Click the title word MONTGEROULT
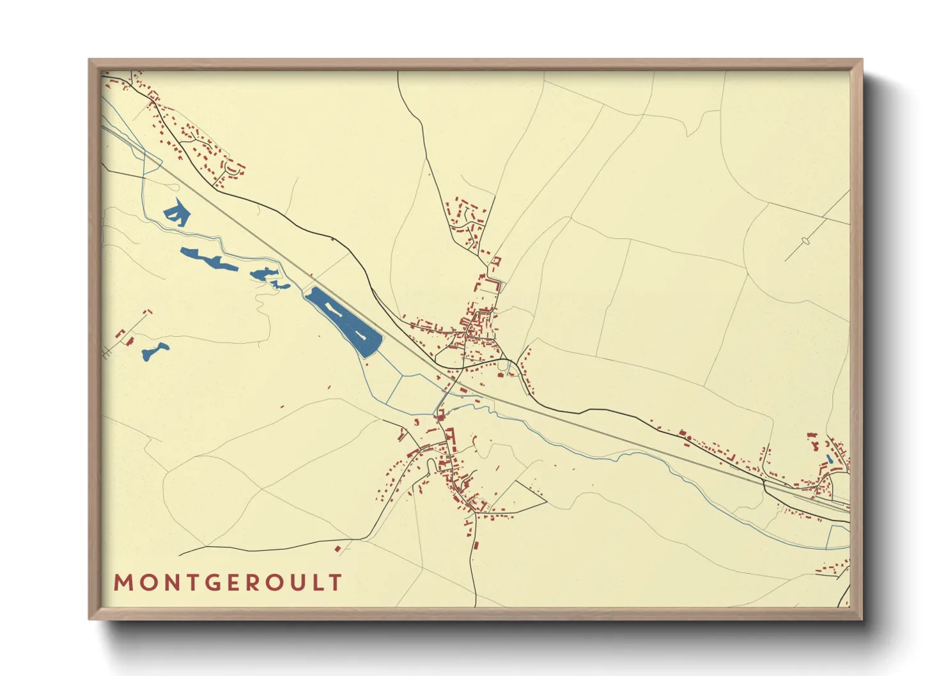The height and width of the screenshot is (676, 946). tap(228, 583)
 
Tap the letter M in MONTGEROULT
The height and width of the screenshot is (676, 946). tap(122, 583)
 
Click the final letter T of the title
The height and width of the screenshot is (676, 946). tap(336, 583)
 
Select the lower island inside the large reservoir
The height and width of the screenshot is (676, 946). tap(360, 335)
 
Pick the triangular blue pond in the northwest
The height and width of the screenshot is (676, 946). tap(176, 212)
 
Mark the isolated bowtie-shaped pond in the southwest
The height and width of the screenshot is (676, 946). tap(155, 351)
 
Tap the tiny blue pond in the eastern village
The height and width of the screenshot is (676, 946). tap(829, 458)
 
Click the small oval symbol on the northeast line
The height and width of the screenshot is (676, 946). tap(805, 241)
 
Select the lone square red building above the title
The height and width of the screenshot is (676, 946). tap(338, 548)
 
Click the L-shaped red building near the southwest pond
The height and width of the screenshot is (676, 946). tap(120, 333)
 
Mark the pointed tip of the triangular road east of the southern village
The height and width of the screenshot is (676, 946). tap(547, 502)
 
